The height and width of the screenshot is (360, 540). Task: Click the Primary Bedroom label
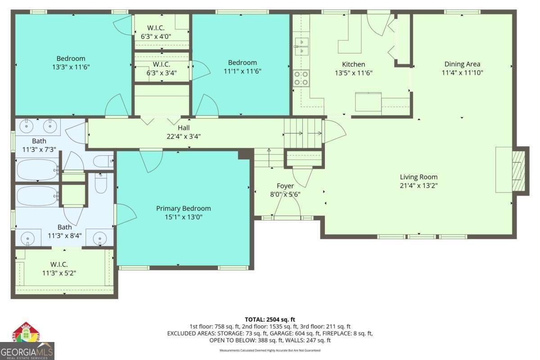(x=183, y=208)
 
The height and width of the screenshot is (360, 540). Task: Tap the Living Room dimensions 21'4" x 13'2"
(x=418, y=185)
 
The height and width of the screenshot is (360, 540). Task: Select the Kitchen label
(x=353, y=64)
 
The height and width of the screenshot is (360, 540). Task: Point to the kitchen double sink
(x=301, y=46)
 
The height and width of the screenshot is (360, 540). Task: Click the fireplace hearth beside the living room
(x=519, y=171)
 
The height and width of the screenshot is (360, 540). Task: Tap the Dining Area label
(x=462, y=64)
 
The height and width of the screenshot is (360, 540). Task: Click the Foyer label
(x=285, y=186)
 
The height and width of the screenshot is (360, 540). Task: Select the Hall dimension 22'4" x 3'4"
(x=183, y=136)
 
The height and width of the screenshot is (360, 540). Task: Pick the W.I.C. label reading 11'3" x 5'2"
(x=59, y=273)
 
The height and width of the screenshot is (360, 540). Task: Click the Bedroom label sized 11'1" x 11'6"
(x=242, y=63)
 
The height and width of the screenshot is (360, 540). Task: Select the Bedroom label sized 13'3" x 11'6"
(x=71, y=58)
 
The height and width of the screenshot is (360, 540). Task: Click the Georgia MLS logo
(x=27, y=342)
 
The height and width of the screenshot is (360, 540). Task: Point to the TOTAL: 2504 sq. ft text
(x=270, y=319)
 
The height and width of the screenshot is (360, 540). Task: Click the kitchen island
(x=368, y=102)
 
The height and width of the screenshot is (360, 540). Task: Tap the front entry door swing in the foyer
(x=288, y=207)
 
